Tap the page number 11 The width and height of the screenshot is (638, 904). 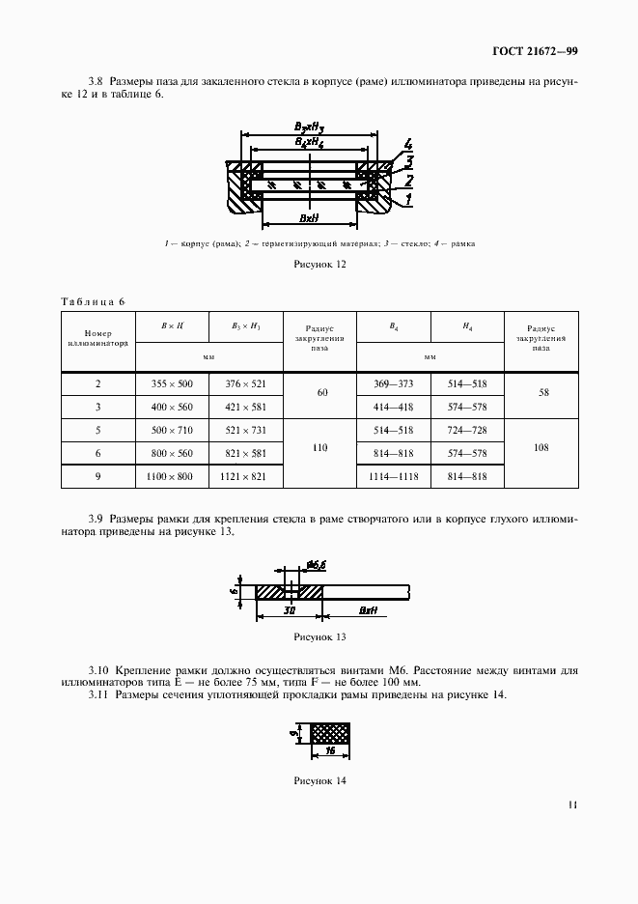point(572,804)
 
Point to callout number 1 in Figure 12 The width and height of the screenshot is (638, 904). point(409,200)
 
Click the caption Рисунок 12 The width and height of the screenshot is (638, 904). point(319,263)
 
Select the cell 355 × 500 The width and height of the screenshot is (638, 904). point(173,383)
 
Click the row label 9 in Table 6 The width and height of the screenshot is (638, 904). point(98,477)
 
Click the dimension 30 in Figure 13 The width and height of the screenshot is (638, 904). point(290,611)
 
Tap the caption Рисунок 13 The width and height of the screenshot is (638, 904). point(319,637)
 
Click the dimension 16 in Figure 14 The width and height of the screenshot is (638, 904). point(329,749)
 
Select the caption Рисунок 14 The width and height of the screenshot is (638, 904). point(319,780)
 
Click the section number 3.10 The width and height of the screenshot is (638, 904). point(98,669)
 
